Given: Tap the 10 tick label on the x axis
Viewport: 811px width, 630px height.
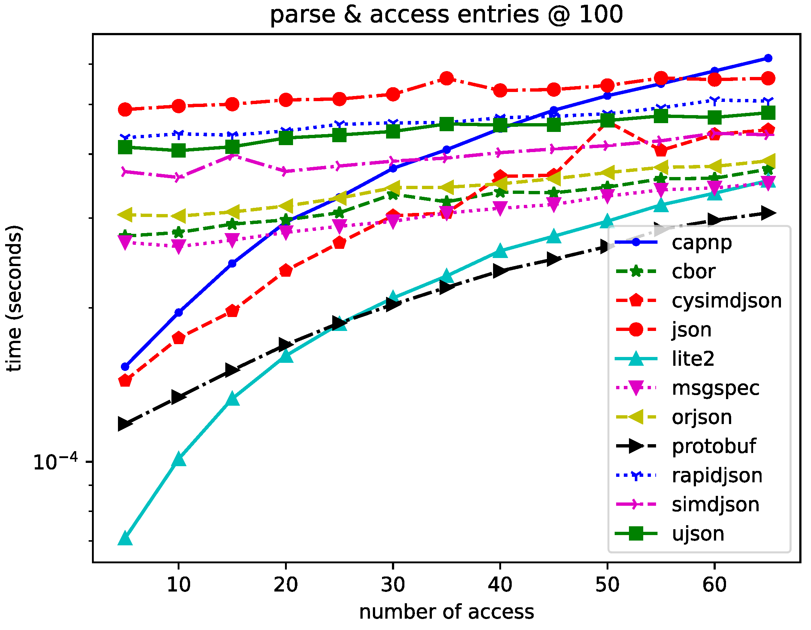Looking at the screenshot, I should click(x=179, y=585).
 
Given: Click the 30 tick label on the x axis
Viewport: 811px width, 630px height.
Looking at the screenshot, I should click(x=393, y=585).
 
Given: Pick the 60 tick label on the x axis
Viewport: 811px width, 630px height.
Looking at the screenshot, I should click(x=714, y=585).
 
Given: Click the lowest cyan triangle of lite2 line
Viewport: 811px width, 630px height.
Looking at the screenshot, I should click(x=125, y=539).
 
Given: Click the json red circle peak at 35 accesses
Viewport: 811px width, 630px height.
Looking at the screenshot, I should click(x=447, y=78).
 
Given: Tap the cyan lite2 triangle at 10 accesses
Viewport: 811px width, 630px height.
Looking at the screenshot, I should click(x=179, y=459).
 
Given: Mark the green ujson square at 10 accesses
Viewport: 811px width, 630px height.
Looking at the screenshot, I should click(x=179, y=150).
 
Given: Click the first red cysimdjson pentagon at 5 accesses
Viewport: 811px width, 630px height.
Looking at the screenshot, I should click(x=125, y=381).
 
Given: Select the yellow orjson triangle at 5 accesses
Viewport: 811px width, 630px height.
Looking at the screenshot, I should click(x=125, y=215).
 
